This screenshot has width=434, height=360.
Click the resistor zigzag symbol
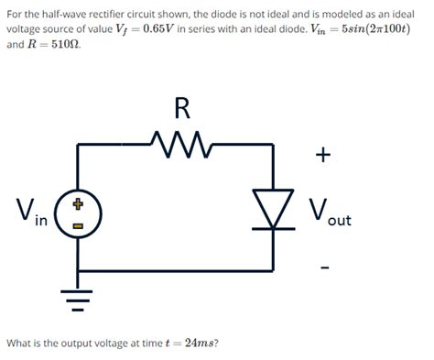[182, 144]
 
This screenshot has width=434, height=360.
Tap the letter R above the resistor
[182, 108]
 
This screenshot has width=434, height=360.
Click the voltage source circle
[78, 213]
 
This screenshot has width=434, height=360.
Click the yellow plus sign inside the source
[78, 204]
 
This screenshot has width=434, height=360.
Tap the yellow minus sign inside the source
[78, 226]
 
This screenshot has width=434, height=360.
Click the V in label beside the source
[32, 212]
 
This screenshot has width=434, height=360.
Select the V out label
[330, 213]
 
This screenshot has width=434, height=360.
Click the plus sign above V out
[323, 155]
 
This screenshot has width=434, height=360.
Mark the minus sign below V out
[325, 268]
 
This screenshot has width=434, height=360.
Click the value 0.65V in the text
[158, 29]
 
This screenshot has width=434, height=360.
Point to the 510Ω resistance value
[66, 45]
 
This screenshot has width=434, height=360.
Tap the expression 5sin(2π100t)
[376, 29]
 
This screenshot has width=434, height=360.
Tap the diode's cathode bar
[274, 228]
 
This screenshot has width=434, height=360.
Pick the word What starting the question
[17, 344]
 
